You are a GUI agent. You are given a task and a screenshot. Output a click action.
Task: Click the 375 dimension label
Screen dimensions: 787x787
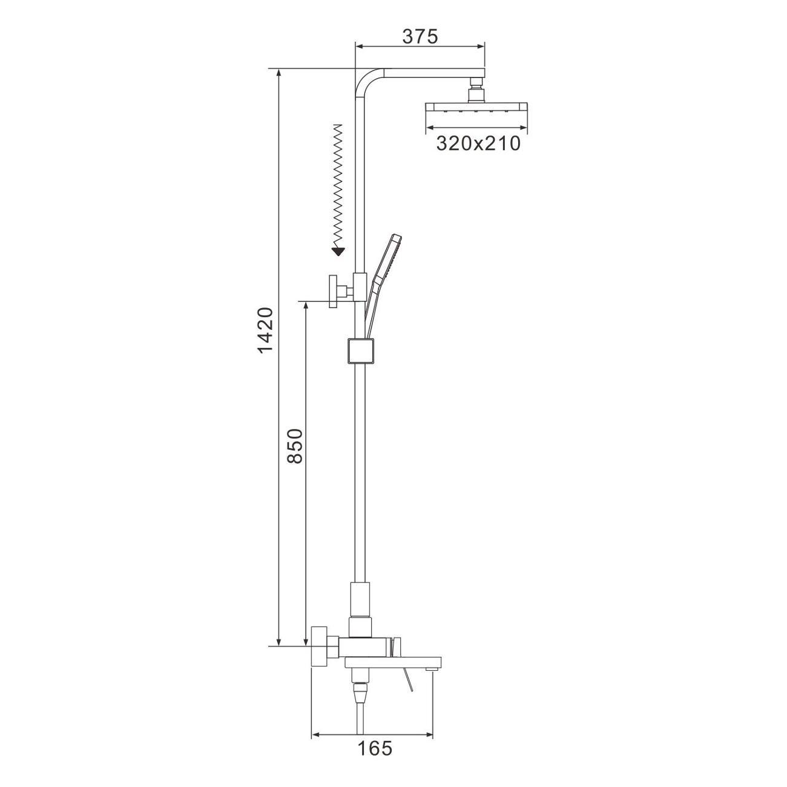pyautogui.click(x=420, y=37)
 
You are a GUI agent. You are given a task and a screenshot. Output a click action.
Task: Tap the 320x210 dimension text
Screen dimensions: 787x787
pyautogui.click(x=478, y=143)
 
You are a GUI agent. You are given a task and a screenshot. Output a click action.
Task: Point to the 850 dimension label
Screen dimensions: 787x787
pyautogui.click(x=294, y=446)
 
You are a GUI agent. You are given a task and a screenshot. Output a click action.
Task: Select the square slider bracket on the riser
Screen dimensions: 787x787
pyautogui.click(x=360, y=351)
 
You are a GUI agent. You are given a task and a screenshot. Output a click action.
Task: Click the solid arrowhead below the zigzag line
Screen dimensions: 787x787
pyautogui.click(x=338, y=251)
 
